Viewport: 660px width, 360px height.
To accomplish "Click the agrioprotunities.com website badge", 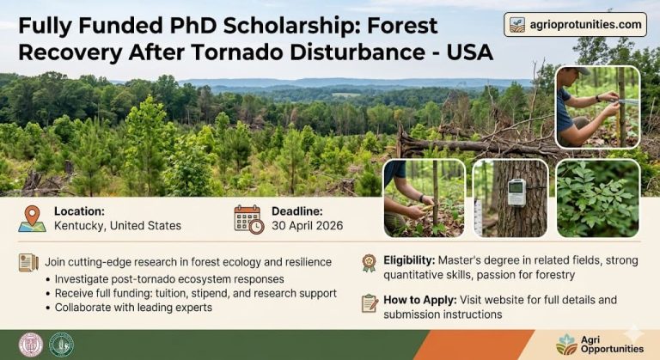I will (x=575, y=24).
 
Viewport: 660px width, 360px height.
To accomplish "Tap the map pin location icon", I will (x=32, y=218).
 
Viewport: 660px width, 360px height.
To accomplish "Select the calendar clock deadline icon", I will (x=249, y=218).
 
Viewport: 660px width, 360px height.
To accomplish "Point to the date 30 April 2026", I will (x=307, y=226).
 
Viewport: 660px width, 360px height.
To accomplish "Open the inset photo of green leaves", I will (x=597, y=198).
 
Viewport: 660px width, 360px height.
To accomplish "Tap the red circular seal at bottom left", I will (x=31, y=344).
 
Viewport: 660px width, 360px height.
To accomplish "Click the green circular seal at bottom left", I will (x=61, y=344).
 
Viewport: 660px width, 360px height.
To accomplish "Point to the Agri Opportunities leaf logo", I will (x=566, y=344).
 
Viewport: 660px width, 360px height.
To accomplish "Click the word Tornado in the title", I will (x=290, y=52).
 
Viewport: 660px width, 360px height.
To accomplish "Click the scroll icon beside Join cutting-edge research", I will (x=28, y=262).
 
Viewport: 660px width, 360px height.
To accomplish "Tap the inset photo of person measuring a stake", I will (x=597, y=107).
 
